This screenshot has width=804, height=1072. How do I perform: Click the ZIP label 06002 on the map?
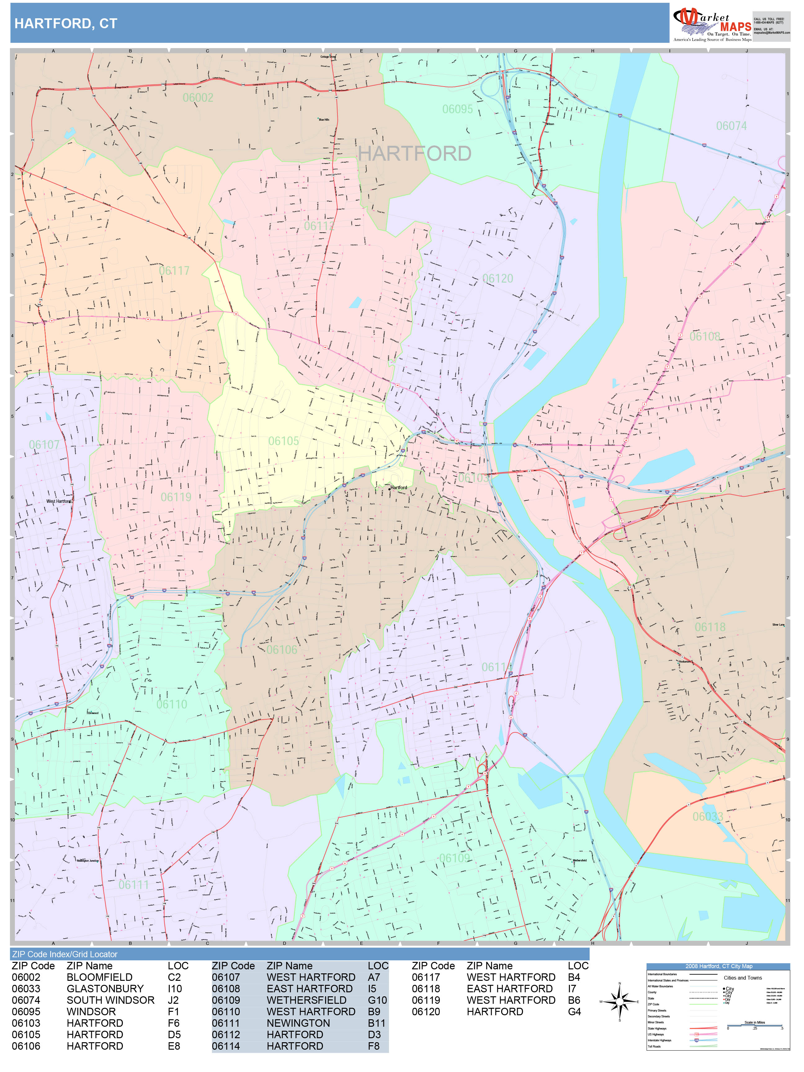click(198, 98)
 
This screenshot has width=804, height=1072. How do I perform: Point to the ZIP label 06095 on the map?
click(457, 109)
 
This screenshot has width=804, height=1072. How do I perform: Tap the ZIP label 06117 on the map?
click(174, 271)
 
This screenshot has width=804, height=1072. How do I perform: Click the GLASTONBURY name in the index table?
click(105, 989)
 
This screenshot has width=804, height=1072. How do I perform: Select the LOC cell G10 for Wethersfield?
click(377, 1000)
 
